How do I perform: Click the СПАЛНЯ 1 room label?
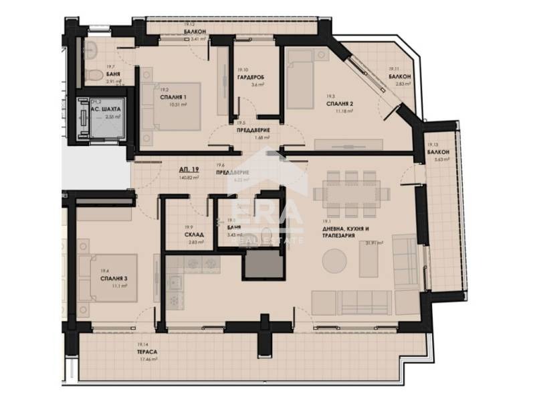tap(173, 96)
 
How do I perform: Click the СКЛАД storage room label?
tap(194, 235)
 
